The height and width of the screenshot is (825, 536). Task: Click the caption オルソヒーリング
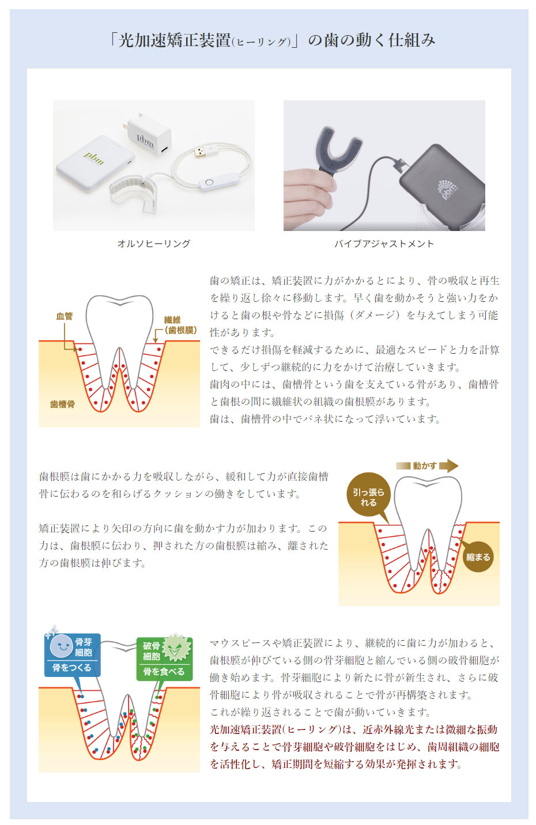tap(154, 244)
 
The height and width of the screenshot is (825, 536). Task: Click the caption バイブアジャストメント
tap(384, 244)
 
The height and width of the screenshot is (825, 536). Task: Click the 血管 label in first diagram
tap(65, 316)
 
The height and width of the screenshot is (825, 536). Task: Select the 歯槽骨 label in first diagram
tap(62, 404)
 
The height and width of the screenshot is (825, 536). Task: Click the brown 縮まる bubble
tap(478, 557)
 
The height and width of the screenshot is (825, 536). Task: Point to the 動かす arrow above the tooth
tap(427, 466)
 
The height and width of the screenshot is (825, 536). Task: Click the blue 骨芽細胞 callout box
tap(73, 654)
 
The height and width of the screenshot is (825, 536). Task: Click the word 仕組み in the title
tap(412, 40)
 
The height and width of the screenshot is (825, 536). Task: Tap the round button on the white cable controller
tap(209, 182)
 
